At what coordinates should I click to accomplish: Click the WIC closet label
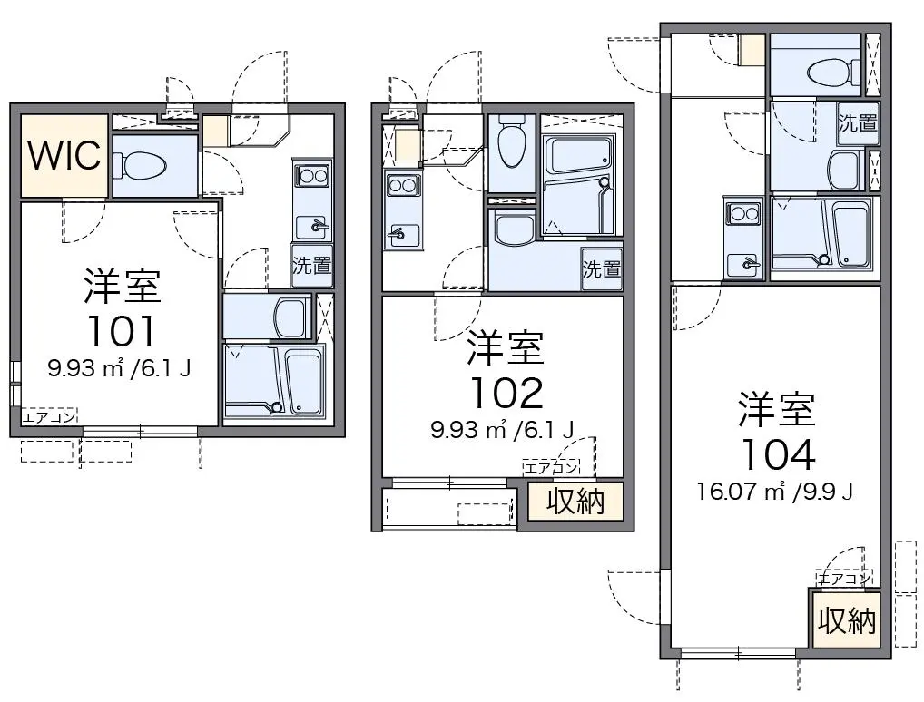(64, 155)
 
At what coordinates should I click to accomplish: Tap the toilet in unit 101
(141, 165)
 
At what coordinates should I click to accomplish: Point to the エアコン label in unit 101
(50, 417)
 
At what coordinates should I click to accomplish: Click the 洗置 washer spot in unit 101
(311, 266)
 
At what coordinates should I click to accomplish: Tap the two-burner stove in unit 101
(312, 176)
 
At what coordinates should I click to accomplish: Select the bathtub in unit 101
(304, 382)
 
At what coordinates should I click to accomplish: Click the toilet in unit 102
(510, 142)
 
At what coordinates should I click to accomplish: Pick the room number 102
(506, 394)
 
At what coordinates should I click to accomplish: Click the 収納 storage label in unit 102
(575, 502)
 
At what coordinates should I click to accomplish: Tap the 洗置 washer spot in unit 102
(602, 268)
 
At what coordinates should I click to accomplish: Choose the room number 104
(777, 453)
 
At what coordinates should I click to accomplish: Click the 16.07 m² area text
(741, 491)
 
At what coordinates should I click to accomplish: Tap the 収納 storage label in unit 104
(847, 620)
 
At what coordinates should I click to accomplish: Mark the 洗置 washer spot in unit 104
(858, 123)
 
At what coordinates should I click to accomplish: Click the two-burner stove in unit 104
(742, 213)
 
